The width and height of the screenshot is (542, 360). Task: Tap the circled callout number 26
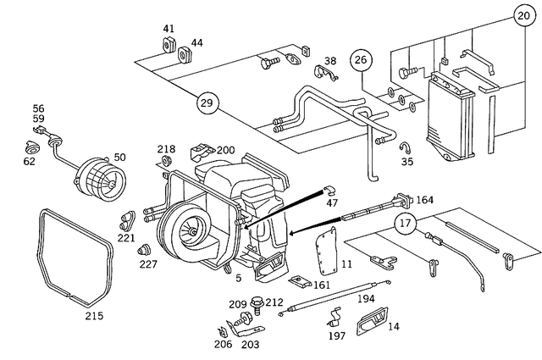point(362,60)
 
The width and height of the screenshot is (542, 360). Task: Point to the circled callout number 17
point(406,224)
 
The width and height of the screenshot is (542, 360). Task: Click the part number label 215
point(93,316)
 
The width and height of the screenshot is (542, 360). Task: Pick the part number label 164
point(424,200)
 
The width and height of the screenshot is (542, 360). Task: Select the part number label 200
point(224,150)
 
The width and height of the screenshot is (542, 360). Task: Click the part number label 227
point(148,263)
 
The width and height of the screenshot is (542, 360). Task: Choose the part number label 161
point(322,285)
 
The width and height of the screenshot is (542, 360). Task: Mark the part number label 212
point(274,302)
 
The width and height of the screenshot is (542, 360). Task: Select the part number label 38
point(329,61)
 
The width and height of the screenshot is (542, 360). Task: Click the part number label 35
point(407,161)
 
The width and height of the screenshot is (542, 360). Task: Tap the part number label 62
point(30,160)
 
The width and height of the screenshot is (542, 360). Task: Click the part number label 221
point(126,239)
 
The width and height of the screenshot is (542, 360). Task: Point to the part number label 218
point(166,149)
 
